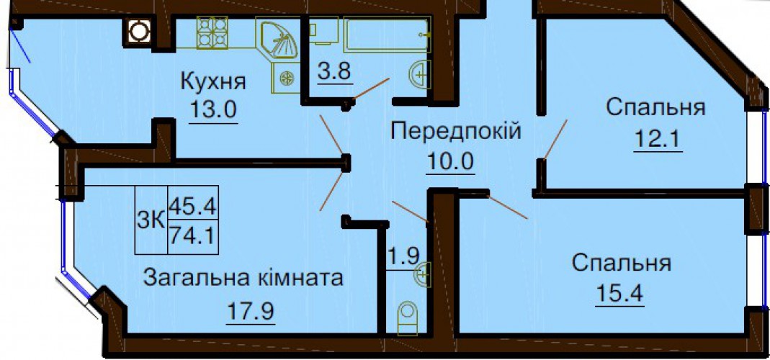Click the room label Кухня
pos(213,81)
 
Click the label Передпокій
pos(455,132)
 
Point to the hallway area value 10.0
pos(452,161)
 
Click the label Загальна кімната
pos(242,277)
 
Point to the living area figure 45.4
pos(193,207)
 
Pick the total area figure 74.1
pos(193,235)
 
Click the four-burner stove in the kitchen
pos(212,33)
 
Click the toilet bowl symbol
pos(408,317)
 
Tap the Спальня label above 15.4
pos(622,264)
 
